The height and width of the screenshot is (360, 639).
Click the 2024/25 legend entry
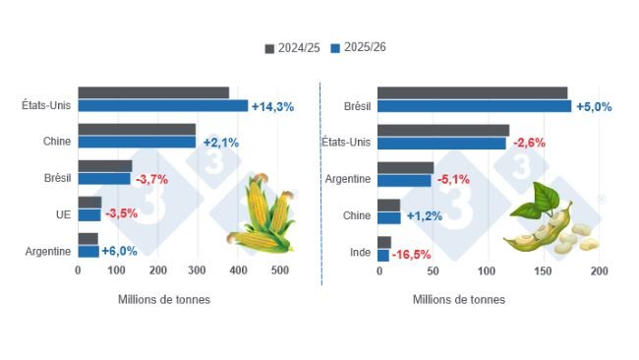pyautogui.click(x=291, y=47)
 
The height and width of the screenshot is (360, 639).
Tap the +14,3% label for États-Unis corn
pyautogui.click(x=273, y=106)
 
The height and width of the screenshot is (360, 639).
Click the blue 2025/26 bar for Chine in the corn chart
pyautogui.click(x=137, y=143)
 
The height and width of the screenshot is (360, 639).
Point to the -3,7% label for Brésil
pyautogui.click(x=152, y=179)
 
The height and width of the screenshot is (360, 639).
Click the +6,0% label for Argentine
pyautogui.click(x=122, y=251)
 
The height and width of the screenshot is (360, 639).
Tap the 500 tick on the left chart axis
pyautogui.click(x=279, y=270)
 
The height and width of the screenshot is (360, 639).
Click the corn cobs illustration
pyautogui.click(x=261, y=211)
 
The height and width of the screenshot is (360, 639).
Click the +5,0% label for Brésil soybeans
pyautogui.click(x=594, y=106)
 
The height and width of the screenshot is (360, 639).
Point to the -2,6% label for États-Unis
pyautogui.click(x=529, y=143)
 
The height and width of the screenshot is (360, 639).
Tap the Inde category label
pyautogui.click(x=361, y=251)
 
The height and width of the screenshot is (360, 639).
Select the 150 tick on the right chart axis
pyautogui.click(x=541, y=270)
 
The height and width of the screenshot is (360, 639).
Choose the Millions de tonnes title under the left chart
pyautogui.click(x=163, y=299)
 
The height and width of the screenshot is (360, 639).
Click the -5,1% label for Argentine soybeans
pyautogui.click(x=453, y=180)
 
